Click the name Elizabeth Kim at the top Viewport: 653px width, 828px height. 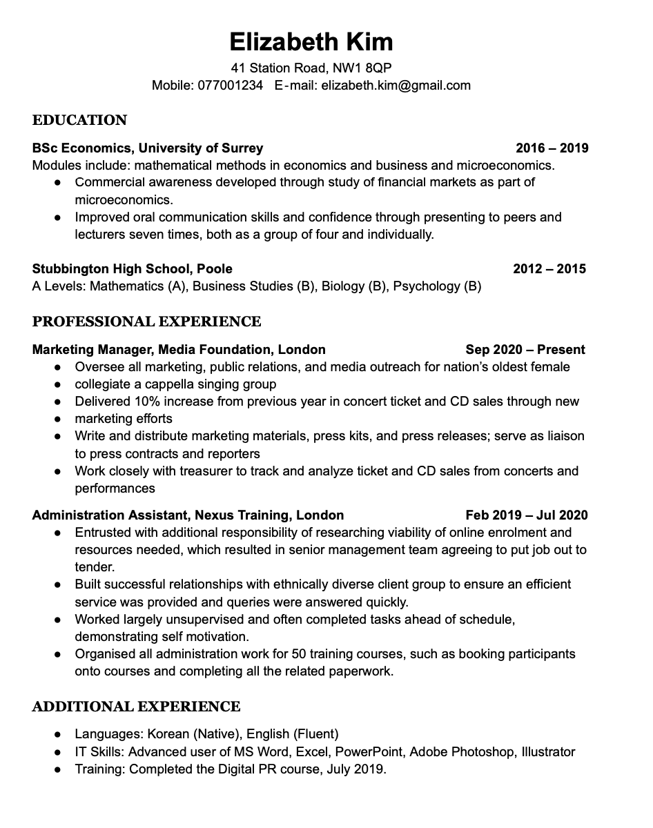pyautogui.click(x=311, y=41)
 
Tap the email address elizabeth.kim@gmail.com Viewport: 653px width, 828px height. pyautogui.click(x=396, y=86)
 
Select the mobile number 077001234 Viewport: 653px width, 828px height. pyautogui.click(x=231, y=86)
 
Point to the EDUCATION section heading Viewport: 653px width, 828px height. pyautogui.click(x=80, y=120)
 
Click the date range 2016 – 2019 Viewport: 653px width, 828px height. pyautogui.click(x=552, y=148)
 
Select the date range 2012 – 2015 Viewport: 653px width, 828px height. pyautogui.click(x=549, y=268)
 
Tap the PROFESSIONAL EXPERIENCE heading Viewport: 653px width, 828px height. pyautogui.click(x=147, y=322)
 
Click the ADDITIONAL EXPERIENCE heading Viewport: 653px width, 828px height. pyautogui.click(x=137, y=707)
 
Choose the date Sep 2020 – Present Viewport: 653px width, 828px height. pyautogui.click(x=525, y=349)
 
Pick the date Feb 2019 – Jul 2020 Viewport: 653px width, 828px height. pyautogui.click(x=527, y=515)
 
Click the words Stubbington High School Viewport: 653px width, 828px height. pyautogui.click(x=110, y=268)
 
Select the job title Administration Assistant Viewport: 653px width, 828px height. pyautogui.click(x=110, y=515)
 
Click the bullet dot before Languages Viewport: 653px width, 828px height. pyautogui.click(x=59, y=734)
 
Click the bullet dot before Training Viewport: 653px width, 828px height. pyautogui.click(x=59, y=769)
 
